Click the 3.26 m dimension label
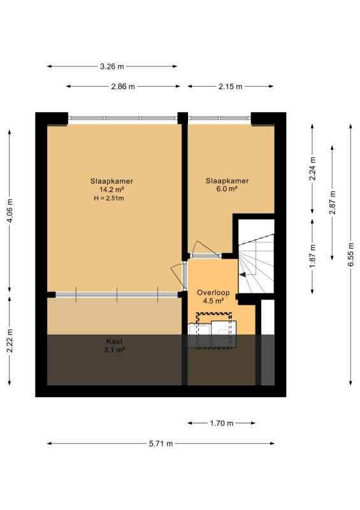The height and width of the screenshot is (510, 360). click(112, 67)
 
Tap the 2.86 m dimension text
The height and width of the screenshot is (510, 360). click(123, 87)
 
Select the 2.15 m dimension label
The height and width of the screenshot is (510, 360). click(230, 87)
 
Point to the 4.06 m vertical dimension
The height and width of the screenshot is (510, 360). click(10, 210)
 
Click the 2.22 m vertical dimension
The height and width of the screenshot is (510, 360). click(10, 340)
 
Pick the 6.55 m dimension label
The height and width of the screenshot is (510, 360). click(351, 254)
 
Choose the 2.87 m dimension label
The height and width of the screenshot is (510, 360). click(333, 202)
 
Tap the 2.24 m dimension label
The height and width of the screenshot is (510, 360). click(312, 168)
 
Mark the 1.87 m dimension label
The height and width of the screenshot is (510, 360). click(312, 256)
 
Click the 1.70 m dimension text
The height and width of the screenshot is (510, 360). click(222, 423)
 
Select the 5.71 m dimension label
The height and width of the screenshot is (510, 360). click(161, 444)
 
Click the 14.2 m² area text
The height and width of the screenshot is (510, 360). click(112, 189)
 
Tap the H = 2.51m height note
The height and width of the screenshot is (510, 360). click(108, 198)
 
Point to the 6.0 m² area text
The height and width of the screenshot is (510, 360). click(227, 189)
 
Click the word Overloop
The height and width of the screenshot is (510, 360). click(213, 293)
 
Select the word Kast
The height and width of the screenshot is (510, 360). click(115, 342)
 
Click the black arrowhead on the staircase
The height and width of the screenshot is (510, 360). click(243, 275)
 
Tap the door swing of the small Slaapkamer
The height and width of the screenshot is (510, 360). click(206, 249)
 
